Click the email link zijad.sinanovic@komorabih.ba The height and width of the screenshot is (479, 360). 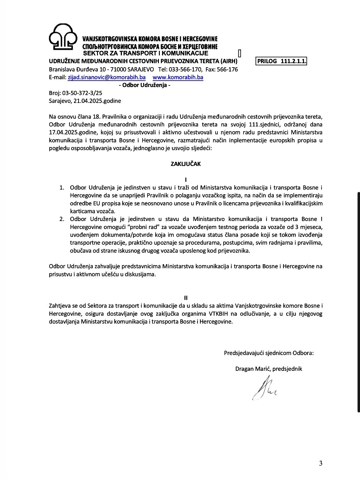pos(107,77)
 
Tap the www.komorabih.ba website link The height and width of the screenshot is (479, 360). pos(178,77)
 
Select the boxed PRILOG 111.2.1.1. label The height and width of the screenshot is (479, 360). pos(281,61)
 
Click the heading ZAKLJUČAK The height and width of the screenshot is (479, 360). pos(186,164)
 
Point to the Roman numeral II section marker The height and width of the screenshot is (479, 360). pos(186,298)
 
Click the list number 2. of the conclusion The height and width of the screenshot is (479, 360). pos(62,219)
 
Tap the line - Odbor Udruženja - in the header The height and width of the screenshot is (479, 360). pos(144,85)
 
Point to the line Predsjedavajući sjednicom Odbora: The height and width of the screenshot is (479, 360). pos(269,353)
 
